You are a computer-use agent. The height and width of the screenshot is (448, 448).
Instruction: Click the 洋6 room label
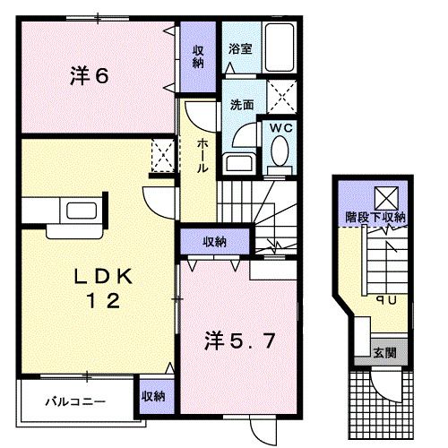coord(90,76)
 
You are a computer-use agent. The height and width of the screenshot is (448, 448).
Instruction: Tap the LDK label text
coord(103,277)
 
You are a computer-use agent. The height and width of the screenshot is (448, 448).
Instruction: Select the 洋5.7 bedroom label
coord(239,341)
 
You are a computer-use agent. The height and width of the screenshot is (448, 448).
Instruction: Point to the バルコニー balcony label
coord(75,401)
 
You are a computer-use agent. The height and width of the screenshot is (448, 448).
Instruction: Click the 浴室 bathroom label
coord(240,49)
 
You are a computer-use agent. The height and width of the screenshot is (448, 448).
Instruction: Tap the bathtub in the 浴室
coord(280,47)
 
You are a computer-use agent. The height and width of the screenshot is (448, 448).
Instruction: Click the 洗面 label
coord(242,105)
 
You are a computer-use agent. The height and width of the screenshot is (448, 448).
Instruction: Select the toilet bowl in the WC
coord(280,151)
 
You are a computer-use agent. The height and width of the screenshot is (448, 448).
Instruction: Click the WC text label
coord(281,128)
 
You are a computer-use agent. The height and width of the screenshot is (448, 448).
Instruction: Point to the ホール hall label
coord(202,155)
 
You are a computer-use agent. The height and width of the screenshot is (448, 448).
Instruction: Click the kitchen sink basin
coord(82,211)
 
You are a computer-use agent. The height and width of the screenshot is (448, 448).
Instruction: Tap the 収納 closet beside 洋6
coord(198,56)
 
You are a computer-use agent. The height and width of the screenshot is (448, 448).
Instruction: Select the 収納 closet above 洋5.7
coord(215,242)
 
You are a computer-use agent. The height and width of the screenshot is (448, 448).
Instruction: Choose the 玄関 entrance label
coord(385,353)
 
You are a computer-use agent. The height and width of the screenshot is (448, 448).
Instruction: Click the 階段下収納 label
coord(375,217)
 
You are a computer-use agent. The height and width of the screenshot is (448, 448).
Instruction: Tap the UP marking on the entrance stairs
coord(386,299)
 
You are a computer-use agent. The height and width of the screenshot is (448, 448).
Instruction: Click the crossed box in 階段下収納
coord(387,198)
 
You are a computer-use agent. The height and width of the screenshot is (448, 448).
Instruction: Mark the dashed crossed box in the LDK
coord(163,156)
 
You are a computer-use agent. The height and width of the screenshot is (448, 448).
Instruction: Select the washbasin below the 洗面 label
coord(240,163)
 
